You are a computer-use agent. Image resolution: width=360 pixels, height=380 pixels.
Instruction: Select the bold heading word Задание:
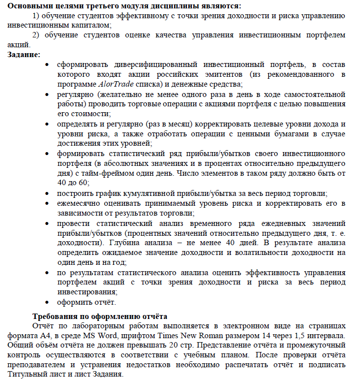tap(24, 54)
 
